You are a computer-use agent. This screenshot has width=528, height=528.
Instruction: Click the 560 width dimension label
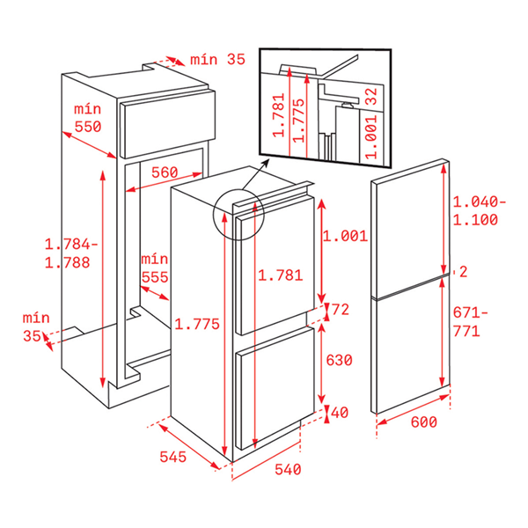tap(165, 172)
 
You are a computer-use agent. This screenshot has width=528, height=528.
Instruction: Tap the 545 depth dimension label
tap(172, 457)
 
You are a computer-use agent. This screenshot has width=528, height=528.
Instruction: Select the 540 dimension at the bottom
tap(288, 469)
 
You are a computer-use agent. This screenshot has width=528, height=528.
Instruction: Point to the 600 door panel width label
tap(424, 422)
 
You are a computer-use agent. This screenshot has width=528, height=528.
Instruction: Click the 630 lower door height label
tap(339, 360)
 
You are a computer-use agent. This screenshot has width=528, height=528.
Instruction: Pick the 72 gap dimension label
tap(341, 310)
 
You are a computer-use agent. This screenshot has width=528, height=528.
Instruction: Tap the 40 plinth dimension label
tap(340, 413)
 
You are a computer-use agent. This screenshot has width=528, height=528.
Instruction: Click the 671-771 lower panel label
tap(470, 322)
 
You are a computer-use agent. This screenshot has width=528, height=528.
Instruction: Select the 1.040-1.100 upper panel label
tap(480, 211)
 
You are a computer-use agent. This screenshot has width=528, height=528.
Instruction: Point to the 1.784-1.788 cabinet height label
tap(71, 253)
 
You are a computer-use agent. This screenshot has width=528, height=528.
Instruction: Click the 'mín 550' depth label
tap(87, 118)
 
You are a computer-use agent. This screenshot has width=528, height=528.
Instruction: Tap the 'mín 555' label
tap(155, 268)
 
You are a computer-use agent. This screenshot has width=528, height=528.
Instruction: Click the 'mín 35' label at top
tap(217, 60)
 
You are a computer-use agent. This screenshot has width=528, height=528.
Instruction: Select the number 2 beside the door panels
tap(464, 272)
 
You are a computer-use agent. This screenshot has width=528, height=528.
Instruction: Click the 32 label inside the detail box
tap(371, 96)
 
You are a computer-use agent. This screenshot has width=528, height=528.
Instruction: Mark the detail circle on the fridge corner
tap(238, 215)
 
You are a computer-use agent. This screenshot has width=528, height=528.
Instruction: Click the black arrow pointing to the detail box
tap(255, 174)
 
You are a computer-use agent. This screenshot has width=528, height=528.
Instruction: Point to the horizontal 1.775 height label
tap(197, 324)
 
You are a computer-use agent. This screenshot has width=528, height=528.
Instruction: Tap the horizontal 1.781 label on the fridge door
tap(281, 275)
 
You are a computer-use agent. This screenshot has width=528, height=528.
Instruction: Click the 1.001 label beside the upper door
tap(346, 236)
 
